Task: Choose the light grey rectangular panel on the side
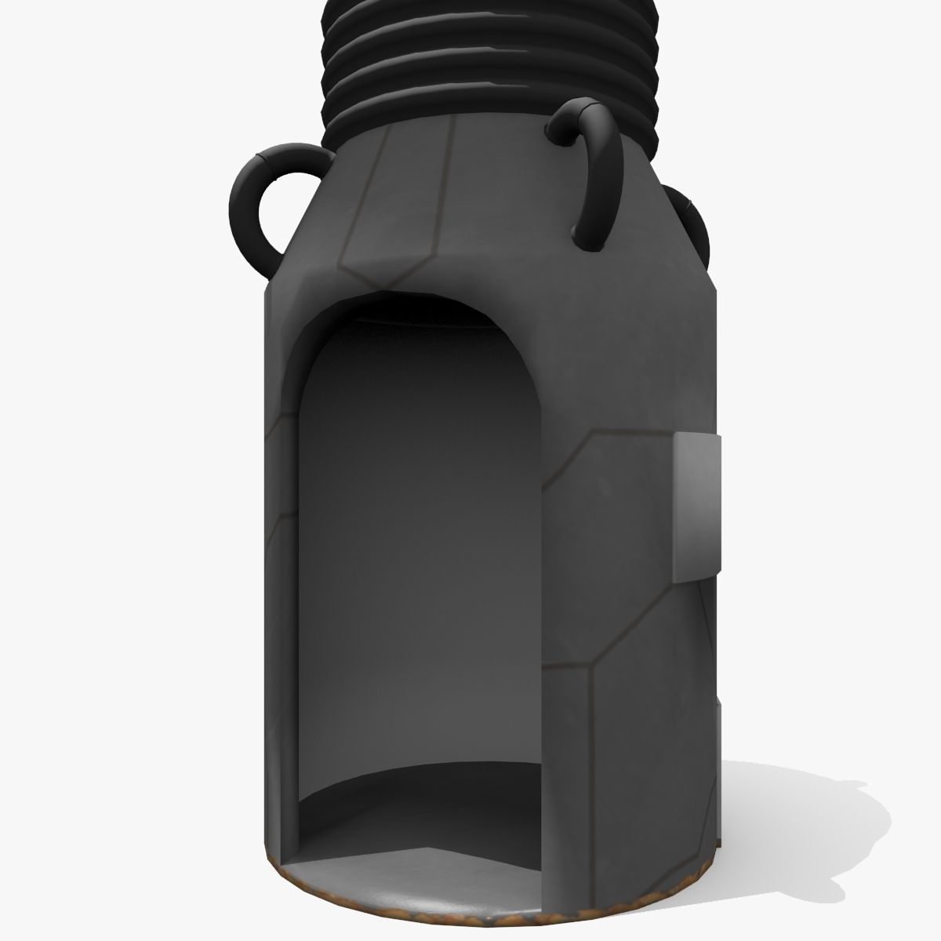[x=696, y=506]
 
